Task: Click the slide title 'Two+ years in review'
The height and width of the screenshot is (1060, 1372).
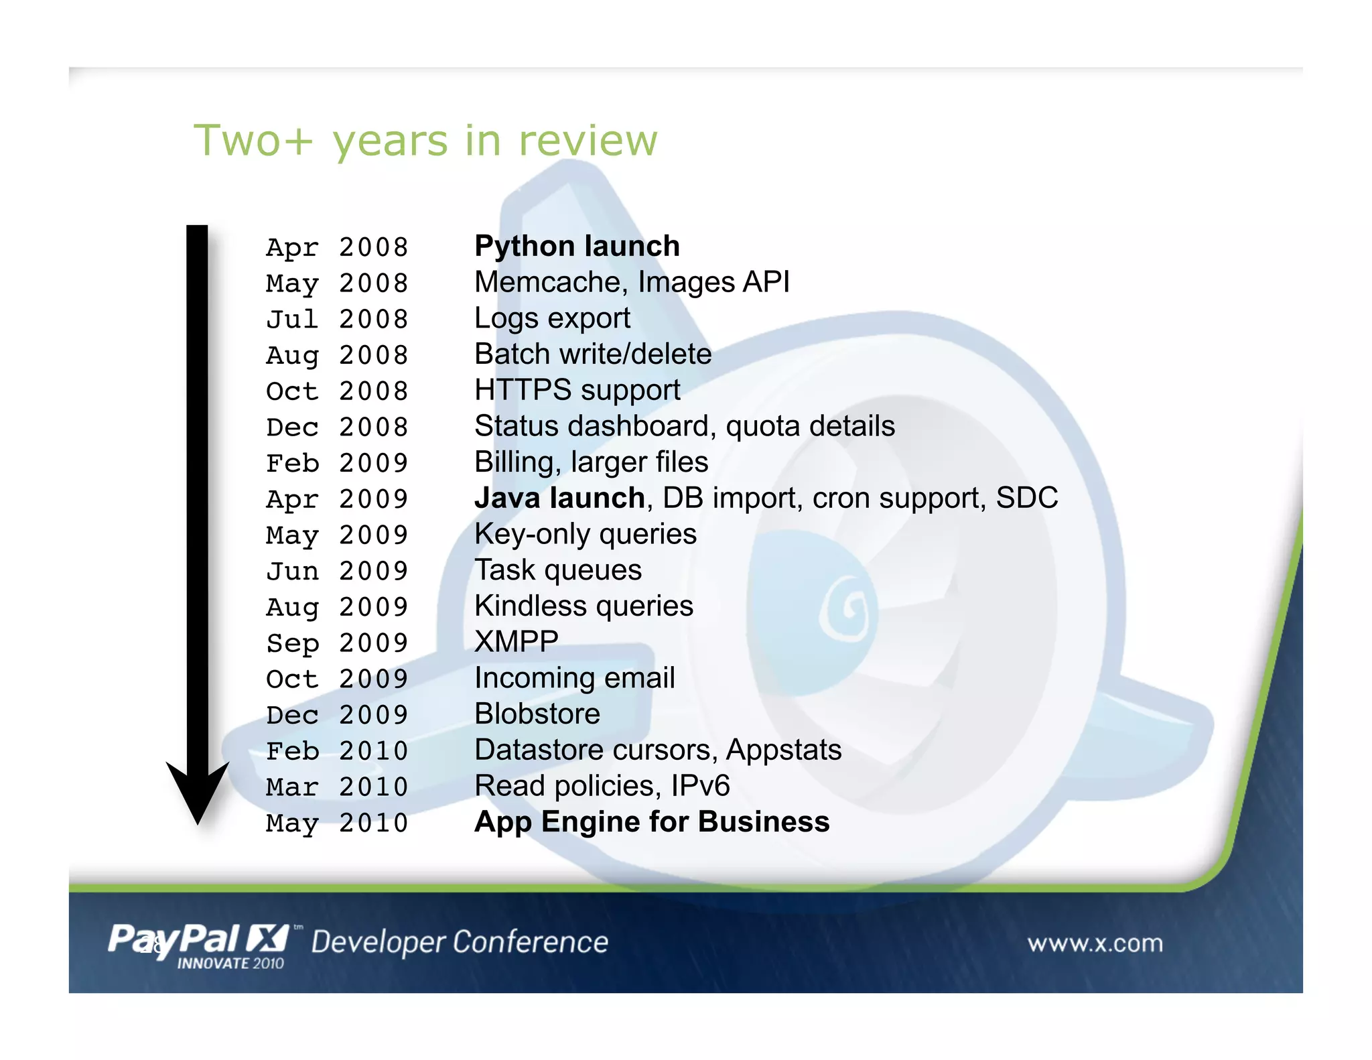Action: [425, 141]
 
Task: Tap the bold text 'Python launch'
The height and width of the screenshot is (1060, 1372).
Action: [577, 247]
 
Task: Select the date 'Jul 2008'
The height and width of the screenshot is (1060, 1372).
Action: [336, 320]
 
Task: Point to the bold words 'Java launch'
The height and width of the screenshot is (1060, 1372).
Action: [559, 499]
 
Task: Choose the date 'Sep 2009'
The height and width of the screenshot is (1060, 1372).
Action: [336, 643]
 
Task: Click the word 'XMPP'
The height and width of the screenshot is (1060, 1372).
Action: [516, 642]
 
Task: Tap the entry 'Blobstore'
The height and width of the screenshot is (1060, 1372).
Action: [537, 714]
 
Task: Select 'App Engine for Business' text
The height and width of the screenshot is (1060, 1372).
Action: [651, 822]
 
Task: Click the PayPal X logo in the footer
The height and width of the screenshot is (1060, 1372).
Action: [198, 939]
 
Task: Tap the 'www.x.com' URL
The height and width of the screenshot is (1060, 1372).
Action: [1095, 943]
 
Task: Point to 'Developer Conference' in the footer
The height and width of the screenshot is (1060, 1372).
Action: [460, 942]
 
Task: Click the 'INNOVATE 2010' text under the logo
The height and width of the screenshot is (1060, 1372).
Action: [230, 964]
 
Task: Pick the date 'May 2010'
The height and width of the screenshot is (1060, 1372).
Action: [336, 823]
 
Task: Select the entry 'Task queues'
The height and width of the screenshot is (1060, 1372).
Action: [557, 570]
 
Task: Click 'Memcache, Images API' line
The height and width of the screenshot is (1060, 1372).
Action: [632, 282]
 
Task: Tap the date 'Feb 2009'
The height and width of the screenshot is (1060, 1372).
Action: [336, 463]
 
